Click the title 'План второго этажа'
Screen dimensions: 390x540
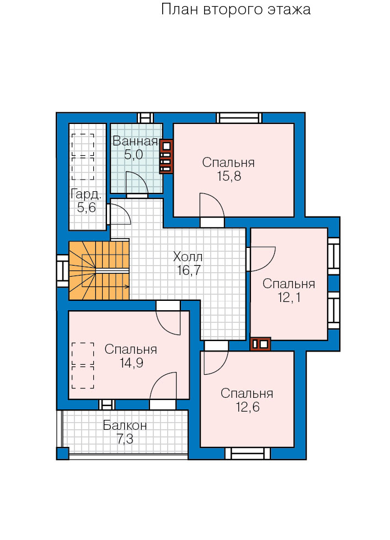pyautogui.click(x=236, y=9)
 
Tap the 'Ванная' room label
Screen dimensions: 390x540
pyautogui.click(x=135, y=141)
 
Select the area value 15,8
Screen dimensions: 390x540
pyautogui.click(x=229, y=176)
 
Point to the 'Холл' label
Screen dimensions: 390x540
pyautogui.click(x=188, y=257)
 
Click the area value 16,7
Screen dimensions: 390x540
pyautogui.click(x=189, y=271)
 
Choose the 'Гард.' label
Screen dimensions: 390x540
pyautogui.click(x=86, y=195)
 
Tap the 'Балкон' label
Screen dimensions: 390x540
pyautogui.click(x=125, y=425)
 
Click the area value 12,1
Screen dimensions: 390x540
pyautogui.click(x=289, y=298)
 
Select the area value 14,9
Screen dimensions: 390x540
pyautogui.click(x=132, y=363)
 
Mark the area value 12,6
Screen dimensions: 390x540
pyautogui.click(x=248, y=407)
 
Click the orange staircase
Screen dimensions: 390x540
pyautogui.click(x=99, y=271)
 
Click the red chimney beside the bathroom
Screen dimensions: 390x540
pyautogui.click(x=166, y=156)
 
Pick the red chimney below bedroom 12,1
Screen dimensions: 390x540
pyautogui.click(x=260, y=344)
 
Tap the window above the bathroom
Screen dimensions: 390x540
pyautogui.click(x=145, y=118)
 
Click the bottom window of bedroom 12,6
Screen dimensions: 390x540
pyautogui.click(x=248, y=453)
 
